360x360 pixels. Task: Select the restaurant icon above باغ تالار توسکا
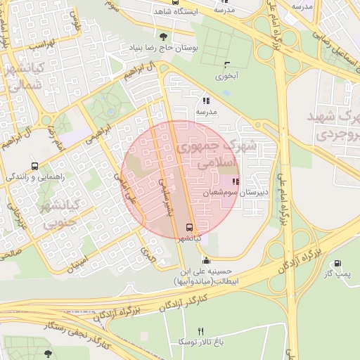201,331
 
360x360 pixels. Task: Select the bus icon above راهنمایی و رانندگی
35,167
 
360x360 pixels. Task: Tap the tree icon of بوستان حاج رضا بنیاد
163,37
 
